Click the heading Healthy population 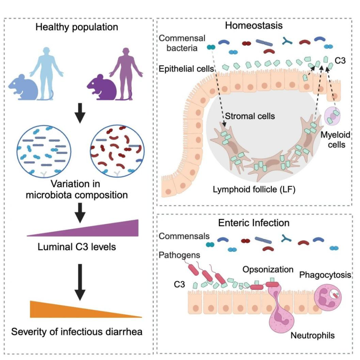click(x=77, y=27)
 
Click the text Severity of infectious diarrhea click(x=77, y=332)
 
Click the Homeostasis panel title click(x=254, y=26)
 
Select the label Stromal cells click(x=250, y=116)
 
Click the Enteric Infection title click(x=254, y=223)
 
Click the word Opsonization click(x=268, y=269)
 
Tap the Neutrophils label click(x=313, y=335)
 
